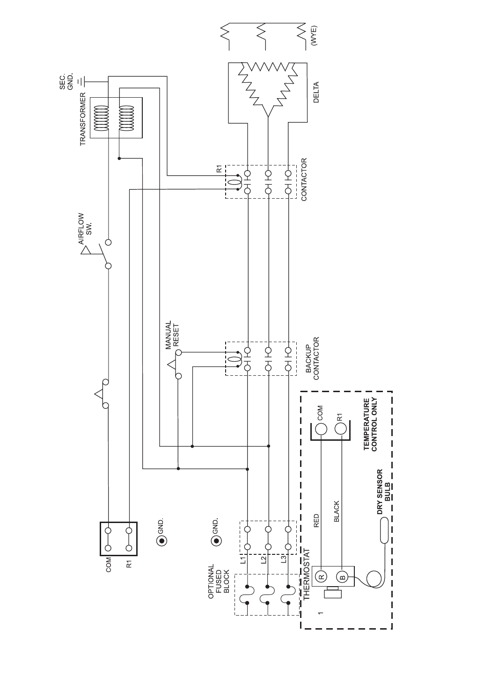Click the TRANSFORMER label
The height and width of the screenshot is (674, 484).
tap(83, 119)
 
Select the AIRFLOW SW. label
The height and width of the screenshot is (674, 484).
tap(85, 229)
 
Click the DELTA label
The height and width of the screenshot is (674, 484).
tap(316, 93)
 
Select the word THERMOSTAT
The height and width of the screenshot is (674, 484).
tap(307, 574)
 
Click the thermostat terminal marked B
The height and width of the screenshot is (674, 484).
tap(342, 577)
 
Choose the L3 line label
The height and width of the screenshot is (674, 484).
tap(283, 559)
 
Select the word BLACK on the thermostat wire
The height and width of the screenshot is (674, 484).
tap(337, 511)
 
